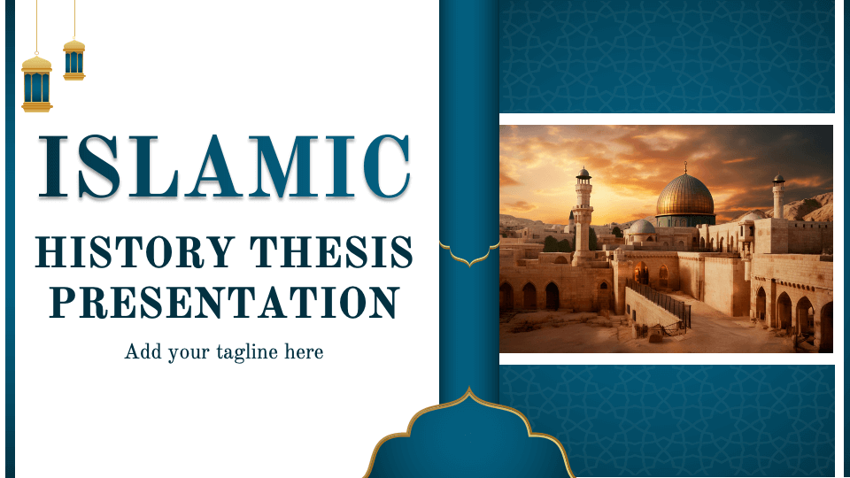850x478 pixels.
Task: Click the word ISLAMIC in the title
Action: coord(224,166)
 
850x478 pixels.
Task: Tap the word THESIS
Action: coord(331,252)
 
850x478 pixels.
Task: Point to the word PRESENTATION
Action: coord(224,302)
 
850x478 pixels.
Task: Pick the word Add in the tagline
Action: coord(143,351)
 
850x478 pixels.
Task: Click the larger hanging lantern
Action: coord(37,83)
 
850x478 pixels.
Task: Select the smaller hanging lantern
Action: coord(74,59)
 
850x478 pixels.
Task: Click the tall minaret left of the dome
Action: coord(583,216)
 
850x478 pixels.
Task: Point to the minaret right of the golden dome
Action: coord(778,197)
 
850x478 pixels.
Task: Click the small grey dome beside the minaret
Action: coord(642,227)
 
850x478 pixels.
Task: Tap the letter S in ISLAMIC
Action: coord(98,166)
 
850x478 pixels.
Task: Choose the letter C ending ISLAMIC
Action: coord(387,166)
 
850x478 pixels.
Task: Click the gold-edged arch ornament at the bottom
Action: coord(468,434)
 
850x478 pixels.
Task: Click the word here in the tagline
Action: coord(304,351)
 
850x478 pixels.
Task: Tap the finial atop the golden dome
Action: coord(685,167)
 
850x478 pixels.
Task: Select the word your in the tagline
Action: coord(189,354)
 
